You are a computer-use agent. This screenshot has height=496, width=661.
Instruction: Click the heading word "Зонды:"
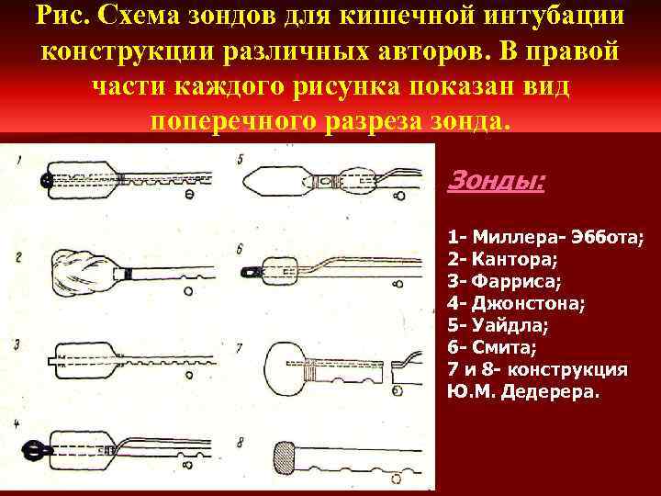(x=496, y=181)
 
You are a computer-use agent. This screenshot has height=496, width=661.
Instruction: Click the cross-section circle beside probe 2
(x=187, y=290)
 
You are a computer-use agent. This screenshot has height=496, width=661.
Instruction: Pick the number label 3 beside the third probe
(x=17, y=344)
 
